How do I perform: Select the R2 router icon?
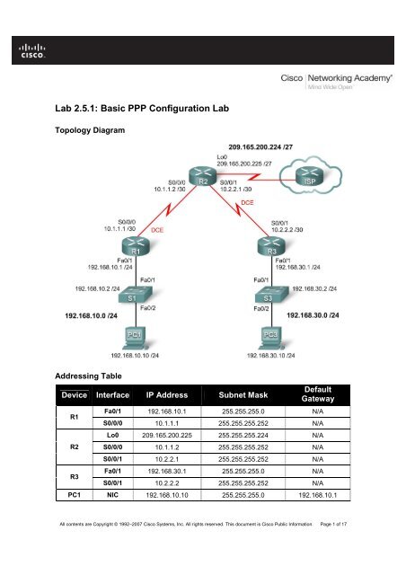tap(202, 178)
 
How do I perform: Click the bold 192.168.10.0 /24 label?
tap(78, 317)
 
